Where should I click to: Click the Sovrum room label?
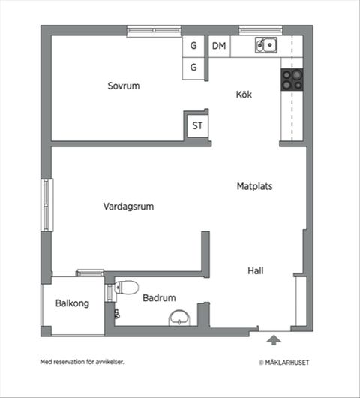click(123, 86)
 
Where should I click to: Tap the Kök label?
click(244, 95)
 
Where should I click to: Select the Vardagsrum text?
click(128, 207)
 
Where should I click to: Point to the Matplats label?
click(254, 185)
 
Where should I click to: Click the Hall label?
click(256, 271)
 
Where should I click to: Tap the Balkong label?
click(72, 304)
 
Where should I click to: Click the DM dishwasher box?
click(219, 46)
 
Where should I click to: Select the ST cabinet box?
click(197, 125)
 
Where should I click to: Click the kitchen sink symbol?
click(265, 45)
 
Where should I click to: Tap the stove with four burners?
click(292, 80)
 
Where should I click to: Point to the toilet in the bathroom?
click(127, 287)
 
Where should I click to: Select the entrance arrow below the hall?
click(274, 340)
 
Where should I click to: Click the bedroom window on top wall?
click(154, 31)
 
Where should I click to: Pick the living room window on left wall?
click(47, 204)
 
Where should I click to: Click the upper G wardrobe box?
click(193, 46)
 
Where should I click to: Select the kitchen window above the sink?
click(259, 31)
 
